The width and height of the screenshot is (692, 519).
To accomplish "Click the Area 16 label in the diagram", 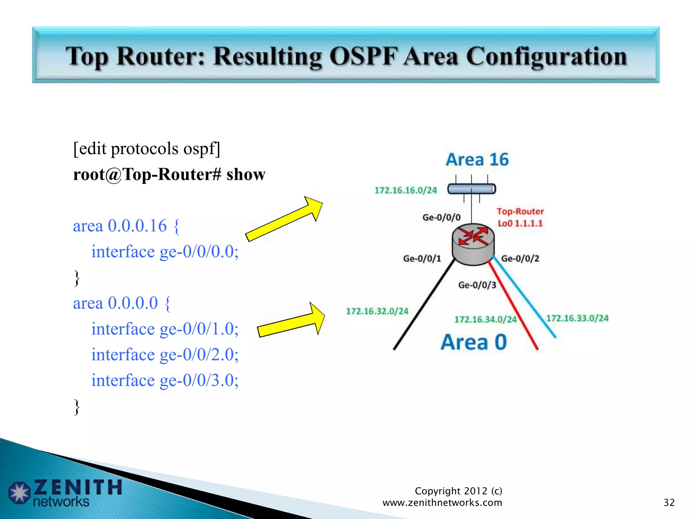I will coord(477,159).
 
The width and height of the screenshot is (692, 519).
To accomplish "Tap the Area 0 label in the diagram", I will coord(474,342).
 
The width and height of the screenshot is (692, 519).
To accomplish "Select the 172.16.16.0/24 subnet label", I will coord(405,190).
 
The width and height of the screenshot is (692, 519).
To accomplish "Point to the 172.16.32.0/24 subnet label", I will coord(377,311).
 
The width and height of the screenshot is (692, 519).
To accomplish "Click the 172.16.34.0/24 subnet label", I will coord(485,319).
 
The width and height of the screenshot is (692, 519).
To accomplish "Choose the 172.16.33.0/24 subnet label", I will coord(577,318).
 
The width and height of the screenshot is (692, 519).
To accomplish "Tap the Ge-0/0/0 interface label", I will coord(441,217).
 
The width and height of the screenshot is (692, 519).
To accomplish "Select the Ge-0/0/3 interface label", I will coord(477,285).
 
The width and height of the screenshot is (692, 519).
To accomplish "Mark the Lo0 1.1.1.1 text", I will coord(520,223).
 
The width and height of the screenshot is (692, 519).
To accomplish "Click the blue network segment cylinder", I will coord(472,189).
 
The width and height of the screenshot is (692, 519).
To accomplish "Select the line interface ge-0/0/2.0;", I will coord(165,354).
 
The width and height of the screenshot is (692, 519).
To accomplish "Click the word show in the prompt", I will coord(246,174).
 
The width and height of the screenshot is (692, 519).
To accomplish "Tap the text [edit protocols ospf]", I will coord(147,149).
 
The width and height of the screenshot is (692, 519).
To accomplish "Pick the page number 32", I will coord(669,502).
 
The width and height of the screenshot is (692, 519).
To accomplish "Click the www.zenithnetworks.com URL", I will coord(442,502).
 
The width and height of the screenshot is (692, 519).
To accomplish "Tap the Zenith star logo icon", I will coord(20,492).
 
